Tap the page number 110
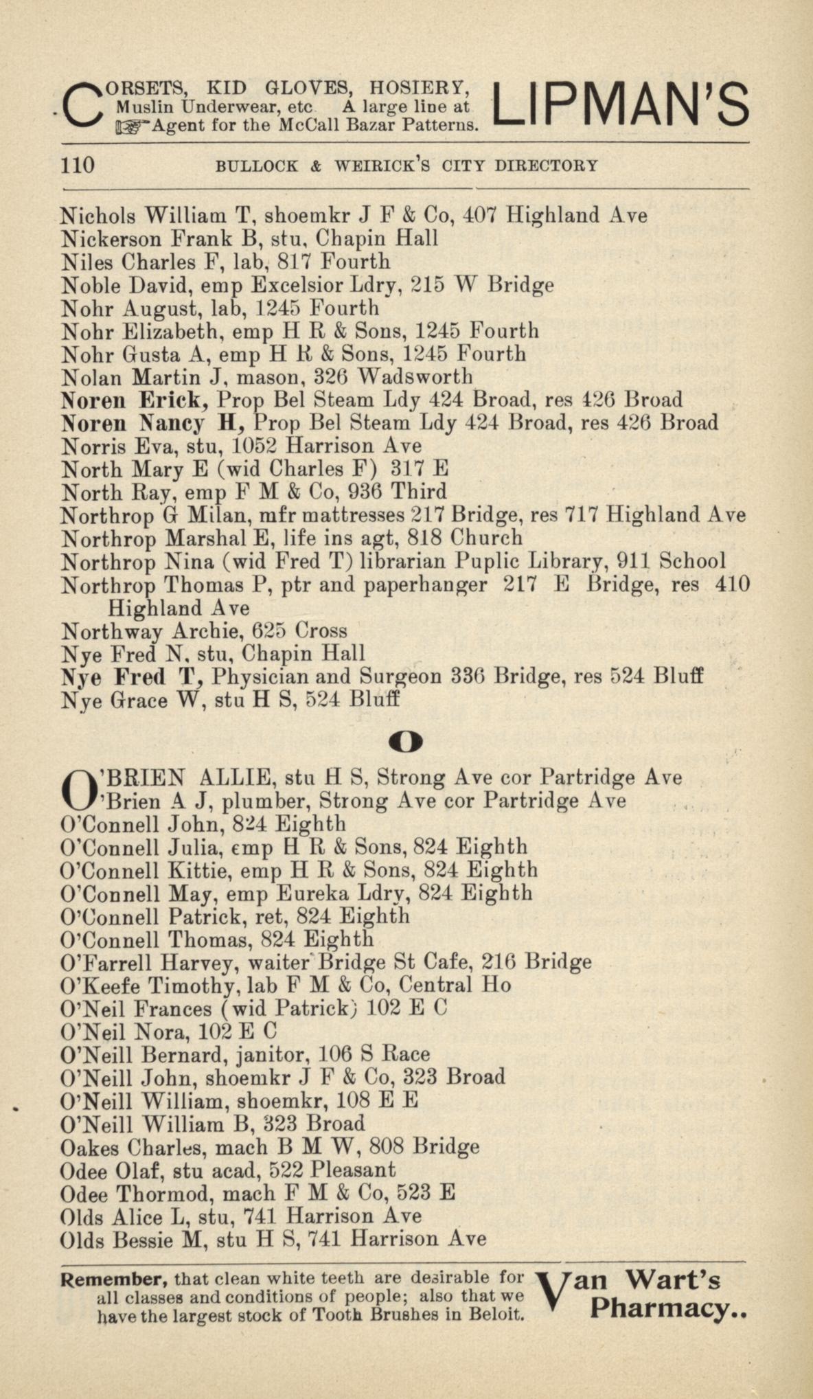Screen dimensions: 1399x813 coord(78,166)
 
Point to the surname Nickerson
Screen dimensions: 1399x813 coord(110,239)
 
